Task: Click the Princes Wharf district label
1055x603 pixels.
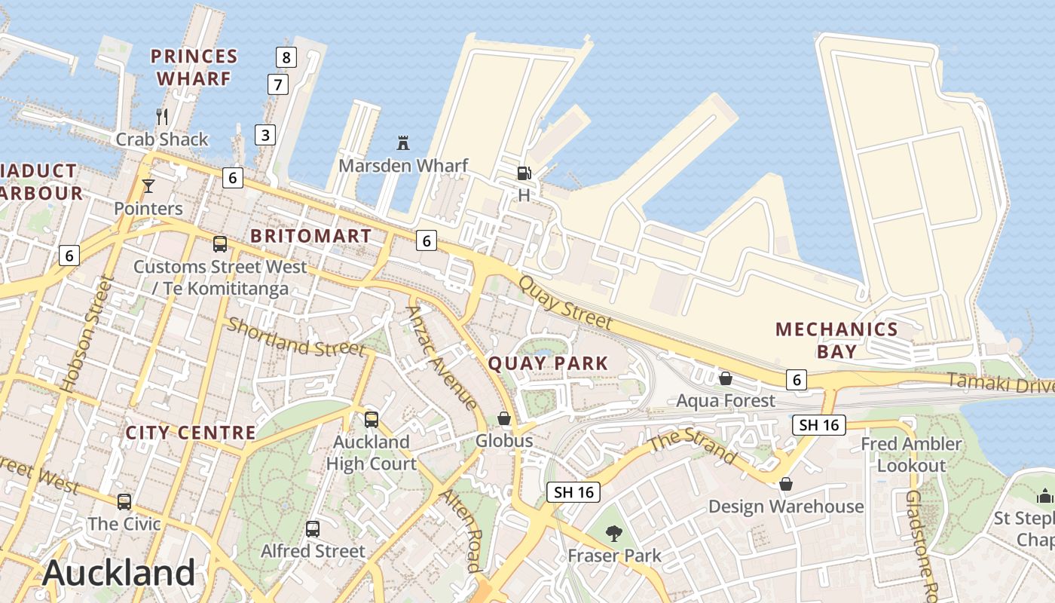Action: click(x=194, y=67)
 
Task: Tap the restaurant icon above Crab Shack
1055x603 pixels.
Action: click(x=162, y=116)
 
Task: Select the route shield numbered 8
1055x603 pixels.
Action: click(x=286, y=57)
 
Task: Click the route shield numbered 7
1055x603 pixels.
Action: click(x=278, y=84)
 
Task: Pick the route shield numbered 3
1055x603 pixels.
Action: click(x=265, y=135)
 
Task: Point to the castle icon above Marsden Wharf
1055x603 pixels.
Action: click(x=403, y=142)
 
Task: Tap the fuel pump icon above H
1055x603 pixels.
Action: click(x=524, y=173)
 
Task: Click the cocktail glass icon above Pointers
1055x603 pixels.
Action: click(x=148, y=185)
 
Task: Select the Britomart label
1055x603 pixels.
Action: click(x=310, y=236)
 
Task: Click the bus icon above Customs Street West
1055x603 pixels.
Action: click(x=220, y=244)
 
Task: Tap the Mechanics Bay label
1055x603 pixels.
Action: click(x=836, y=340)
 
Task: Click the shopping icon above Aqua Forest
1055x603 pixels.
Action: click(x=726, y=378)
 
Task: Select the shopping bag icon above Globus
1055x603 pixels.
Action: click(x=504, y=418)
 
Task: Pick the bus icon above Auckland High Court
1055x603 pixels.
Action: click(x=372, y=420)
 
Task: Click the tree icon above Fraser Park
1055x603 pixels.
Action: click(x=614, y=534)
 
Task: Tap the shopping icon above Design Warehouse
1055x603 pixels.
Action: click(x=786, y=484)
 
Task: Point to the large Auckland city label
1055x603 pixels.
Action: click(x=119, y=573)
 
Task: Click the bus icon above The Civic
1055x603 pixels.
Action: click(x=124, y=501)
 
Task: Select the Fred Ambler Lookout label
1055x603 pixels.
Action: click(x=912, y=455)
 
